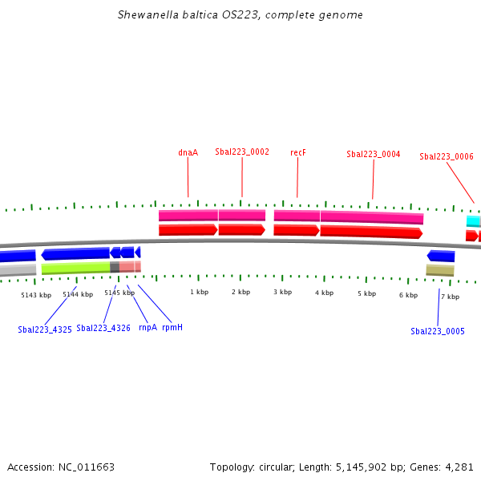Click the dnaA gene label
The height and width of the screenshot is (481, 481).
[x=188, y=152]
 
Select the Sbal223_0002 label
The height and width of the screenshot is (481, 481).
[x=242, y=152]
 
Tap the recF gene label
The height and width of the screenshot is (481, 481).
[x=298, y=152]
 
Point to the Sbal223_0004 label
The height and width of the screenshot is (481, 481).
[x=374, y=154]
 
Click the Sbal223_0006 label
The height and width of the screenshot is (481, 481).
[x=447, y=156]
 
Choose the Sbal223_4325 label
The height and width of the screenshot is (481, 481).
[x=45, y=329]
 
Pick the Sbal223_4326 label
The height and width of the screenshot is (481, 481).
[x=103, y=328]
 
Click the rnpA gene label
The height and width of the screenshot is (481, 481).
[x=148, y=328]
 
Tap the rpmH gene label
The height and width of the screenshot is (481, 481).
[x=172, y=328]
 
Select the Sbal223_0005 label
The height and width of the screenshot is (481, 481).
[x=438, y=331]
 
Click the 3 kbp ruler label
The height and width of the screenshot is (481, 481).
[x=282, y=292]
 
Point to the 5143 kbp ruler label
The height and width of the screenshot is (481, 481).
[x=36, y=295]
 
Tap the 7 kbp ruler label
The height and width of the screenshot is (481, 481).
[x=451, y=297]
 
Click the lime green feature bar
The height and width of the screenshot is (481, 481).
[x=76, y=268]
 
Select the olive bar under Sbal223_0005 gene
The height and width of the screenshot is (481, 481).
[x=440, y=270]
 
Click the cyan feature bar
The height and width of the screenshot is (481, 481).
[x=474, y=221]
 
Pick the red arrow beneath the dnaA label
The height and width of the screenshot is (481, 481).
[x=188, y=230]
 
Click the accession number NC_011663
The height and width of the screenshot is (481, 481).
[x=87, y=467]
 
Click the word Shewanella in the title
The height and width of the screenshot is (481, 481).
[x=148, y=14]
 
